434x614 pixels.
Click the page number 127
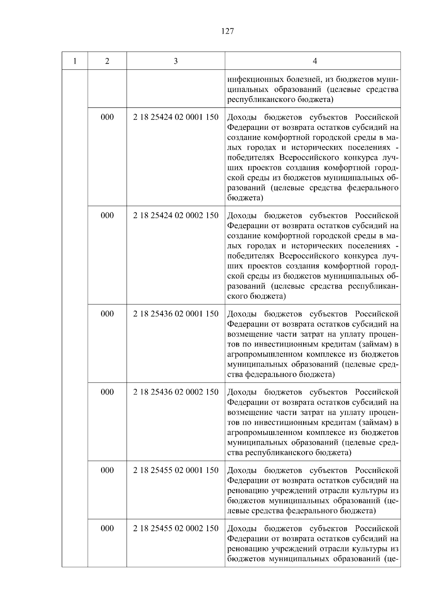227,31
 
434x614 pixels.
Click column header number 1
75,61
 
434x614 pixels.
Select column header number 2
107,61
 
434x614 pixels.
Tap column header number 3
176,61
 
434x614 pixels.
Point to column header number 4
315,61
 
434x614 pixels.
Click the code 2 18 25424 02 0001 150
176,117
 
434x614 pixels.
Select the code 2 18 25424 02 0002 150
176,216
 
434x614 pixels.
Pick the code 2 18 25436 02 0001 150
176,314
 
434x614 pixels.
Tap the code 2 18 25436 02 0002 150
176,392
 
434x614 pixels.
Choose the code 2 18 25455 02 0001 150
176,470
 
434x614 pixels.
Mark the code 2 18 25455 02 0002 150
176,528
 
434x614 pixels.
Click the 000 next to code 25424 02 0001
107,117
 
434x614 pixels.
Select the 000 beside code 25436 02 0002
107,392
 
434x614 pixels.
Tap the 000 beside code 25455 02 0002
107,528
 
